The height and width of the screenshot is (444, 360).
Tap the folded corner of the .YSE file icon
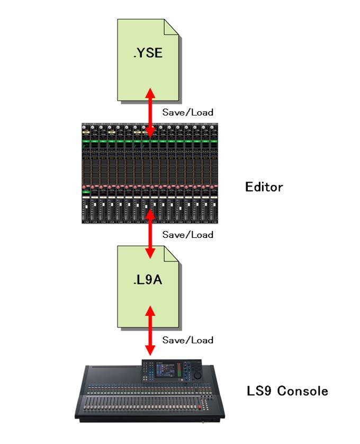pyautogui.click(x=172, y=27)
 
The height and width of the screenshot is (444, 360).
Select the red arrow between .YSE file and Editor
pyautogui.click(x=150, y=112)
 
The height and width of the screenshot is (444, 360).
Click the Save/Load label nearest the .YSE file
pyautogui.click(x=187, y=112)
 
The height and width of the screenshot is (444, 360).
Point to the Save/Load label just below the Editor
pyautogui.click(x=187, y=234)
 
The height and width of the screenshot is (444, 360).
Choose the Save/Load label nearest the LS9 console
pyautogui.click(x=187, y=340)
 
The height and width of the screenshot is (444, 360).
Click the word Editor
pyautogui.click(x=264, y=187)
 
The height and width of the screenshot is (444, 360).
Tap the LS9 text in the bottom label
pyautogui.click(x=260, y=392)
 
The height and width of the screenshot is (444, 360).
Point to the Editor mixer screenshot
pyautogui.click(x=150, y=173)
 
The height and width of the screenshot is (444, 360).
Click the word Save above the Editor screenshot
pyautogui.click(x=173, y=112)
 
